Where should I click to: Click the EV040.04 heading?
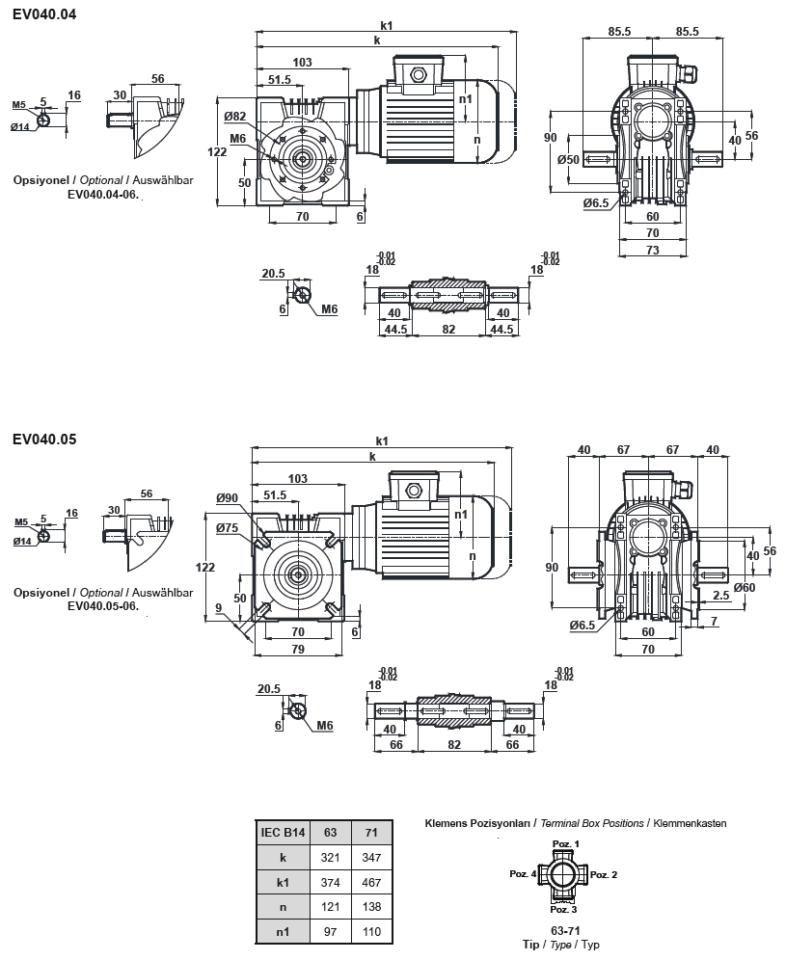click(x=44, y=15)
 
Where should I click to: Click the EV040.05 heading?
click(x=44, y=439)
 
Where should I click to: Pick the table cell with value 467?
click(x=369, y=881)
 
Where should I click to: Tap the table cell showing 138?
click(x=369, y=906)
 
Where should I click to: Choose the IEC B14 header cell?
click(x=283, y=831)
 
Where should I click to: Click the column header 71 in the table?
click(x=369, y=831)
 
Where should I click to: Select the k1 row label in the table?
click(x=283, y=881)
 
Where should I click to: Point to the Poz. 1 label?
click(x=565, y=843)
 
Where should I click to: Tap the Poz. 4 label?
click(x=523, y=874)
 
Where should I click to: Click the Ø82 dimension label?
click(x=234, y=116)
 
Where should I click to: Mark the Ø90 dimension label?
click(x=228, y=497)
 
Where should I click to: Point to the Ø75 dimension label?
click(x=228, y=527)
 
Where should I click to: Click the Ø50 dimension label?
click(x=569, y=159)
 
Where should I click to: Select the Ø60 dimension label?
click(x=745, y=587)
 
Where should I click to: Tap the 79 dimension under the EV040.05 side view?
click(x=298, y=648)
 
